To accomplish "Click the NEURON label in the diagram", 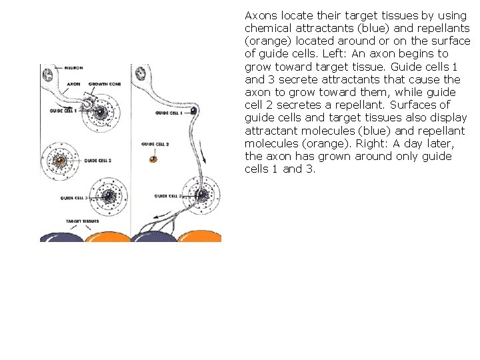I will point(73,68).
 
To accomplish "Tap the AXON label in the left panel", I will point(73,85).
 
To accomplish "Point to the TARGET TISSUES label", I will point(82,220).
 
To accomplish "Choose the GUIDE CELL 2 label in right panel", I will point(155,144).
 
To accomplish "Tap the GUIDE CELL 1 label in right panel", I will point(169,113).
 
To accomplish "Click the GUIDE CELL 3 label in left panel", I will point(74,198).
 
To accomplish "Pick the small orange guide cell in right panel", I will point(153,159).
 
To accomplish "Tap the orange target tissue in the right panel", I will point(201,235).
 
